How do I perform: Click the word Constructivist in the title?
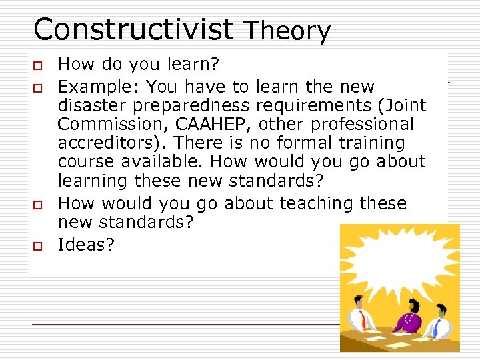pos(133,29)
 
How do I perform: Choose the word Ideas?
pos(86,245)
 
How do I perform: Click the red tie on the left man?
pos(363,321)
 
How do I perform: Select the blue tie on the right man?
pos(437,327)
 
